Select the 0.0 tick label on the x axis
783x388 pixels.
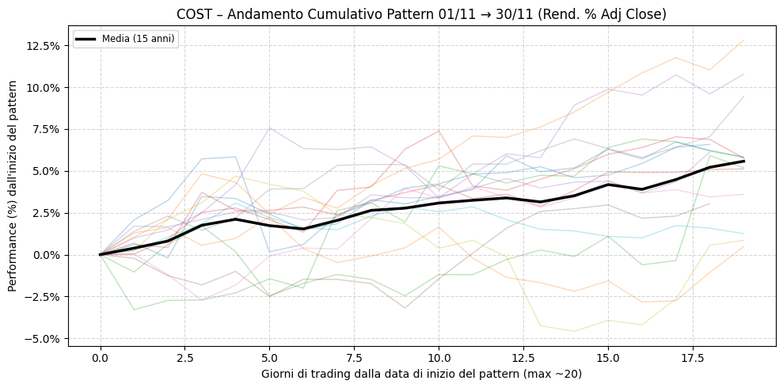pos(101,358)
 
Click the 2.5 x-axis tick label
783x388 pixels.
pos(184,358)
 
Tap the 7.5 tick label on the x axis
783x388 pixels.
pos(354,358)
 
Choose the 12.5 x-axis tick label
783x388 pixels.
pos(523,358)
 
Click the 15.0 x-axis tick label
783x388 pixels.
pos(608,358)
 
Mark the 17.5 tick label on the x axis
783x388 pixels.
pos(693,358)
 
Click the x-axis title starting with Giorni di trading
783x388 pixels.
pos(422,373)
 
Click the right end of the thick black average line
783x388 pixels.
pos(743,161)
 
